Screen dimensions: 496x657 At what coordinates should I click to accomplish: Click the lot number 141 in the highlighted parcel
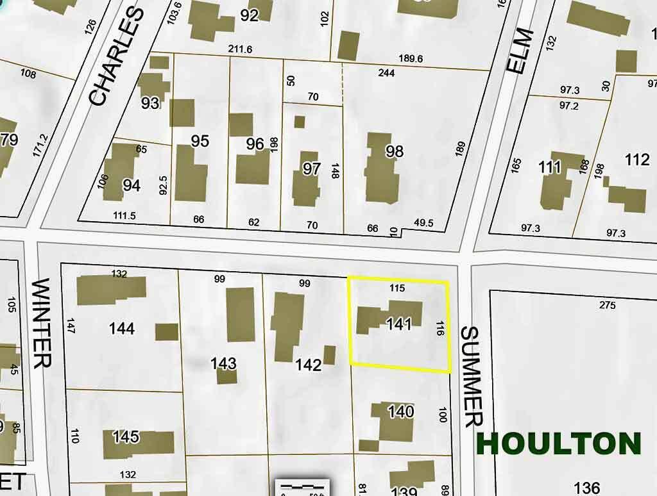pyautogui.click(x=398, y=324)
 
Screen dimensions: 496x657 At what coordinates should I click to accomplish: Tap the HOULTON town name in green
pyautogui.click(x=559, y=444)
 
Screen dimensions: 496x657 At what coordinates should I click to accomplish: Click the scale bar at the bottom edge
pyautogui.click(x=302, y=487)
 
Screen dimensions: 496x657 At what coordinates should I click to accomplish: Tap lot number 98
pyautogui.click(x=394, y=151)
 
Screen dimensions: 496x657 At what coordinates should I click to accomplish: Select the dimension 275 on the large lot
pyautogui.click(x=607, y=306)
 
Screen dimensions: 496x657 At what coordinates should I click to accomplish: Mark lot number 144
pyautogui.click(x=122, y=329)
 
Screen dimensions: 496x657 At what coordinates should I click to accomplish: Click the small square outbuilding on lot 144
pyautogui.click(x=167, y=332)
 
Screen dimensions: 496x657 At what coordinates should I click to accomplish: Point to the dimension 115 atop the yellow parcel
pyautogui.click(x=397, y=288)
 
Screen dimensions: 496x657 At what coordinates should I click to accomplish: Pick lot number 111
pyautogui.click(x=550, y=167)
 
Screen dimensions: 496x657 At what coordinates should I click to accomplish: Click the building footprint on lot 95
pyautogui.click(x=191, y=173)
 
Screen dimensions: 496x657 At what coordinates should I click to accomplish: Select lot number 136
pyautogui.click(x=587, y=487)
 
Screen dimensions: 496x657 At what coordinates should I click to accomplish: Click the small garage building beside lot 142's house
pyautogui.click(x=329, y=355)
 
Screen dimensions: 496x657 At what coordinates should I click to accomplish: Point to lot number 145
pyautogui.click(x=126, y=437)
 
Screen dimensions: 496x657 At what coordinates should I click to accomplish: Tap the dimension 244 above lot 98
pyautogui.click(x=386, y=73)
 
